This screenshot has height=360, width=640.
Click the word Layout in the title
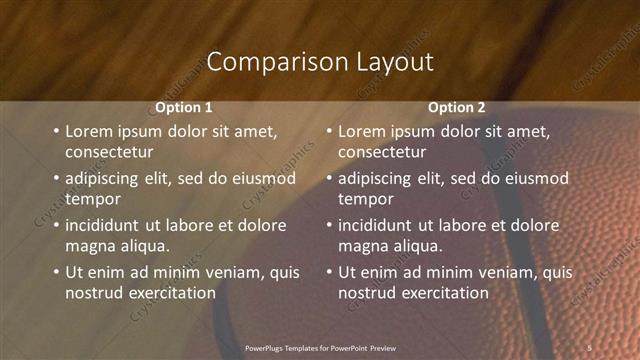point(395,62)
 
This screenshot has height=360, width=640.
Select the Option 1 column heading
point(184,107)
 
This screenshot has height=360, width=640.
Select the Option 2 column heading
point(457,107)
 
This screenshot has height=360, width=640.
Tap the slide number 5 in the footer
point(590,348)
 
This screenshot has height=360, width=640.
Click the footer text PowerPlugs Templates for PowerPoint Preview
point(320,348)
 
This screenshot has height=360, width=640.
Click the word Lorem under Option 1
point(89,131)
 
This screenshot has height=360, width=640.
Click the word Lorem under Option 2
point(362,131)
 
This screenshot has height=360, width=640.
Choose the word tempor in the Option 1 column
point(92,199)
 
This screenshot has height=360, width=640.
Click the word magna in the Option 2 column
point(362,246)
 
